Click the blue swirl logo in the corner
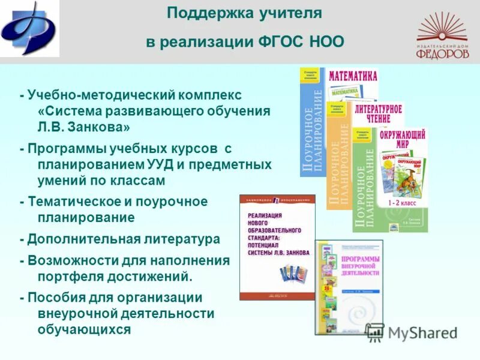coord(28,29)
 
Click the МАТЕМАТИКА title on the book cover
coord(353,76)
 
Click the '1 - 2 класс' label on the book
coord(405,203)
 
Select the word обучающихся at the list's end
coord(83,329)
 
